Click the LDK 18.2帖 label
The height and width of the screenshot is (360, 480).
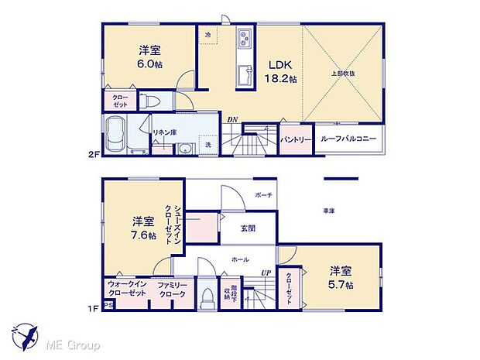click(279, 71)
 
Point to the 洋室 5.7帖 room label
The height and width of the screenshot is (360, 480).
click(341, 277)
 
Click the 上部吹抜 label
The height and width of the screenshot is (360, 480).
click(344, 74)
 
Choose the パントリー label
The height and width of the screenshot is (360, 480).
click(295, 139)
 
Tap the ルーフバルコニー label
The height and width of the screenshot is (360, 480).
click(348, 139)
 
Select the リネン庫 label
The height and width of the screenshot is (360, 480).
click(164, 132)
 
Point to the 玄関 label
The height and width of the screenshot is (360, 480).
click(248, 228)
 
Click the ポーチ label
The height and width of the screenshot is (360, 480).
click(263, 195)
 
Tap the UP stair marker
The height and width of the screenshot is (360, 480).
click(266, 273)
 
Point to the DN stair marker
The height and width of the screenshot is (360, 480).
click(231, 119)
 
